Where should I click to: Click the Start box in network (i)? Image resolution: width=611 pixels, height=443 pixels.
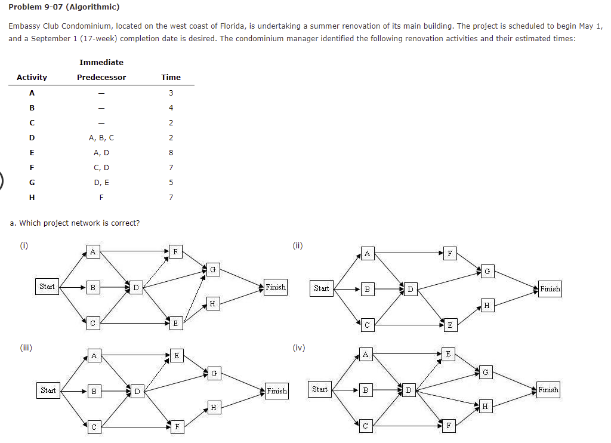click(x=47, y=287)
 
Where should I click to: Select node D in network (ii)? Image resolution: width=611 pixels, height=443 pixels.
click(x=410, y=290)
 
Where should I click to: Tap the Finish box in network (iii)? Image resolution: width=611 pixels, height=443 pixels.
click(x=276, y=391)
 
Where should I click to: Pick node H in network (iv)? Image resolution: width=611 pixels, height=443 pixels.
click(x=485, y=407)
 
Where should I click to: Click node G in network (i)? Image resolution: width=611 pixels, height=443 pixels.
click(x=212, y=270)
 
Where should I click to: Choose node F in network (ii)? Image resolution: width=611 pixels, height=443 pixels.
click(x=449, y=254)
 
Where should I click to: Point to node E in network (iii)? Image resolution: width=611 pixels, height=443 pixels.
click(x=175, y=356)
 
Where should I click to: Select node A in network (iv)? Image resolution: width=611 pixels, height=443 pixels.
click(x=366, y=355)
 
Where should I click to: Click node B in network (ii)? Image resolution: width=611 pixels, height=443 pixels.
click(x=367, y=290)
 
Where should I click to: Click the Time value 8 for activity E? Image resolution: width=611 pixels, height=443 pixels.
click(x=171, y=152)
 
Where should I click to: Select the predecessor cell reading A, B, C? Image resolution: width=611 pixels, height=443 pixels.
click(x=101, y=137)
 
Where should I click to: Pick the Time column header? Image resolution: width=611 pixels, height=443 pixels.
click(x=171, y=77)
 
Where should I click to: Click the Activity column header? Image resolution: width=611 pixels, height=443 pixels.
click(x=32, y=77)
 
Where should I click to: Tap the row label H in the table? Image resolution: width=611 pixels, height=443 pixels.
click(x=32, y=197)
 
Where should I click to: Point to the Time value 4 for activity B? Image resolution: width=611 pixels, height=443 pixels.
click(x=171, y=107)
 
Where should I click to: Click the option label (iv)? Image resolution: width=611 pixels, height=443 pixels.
click(x=299, y=347)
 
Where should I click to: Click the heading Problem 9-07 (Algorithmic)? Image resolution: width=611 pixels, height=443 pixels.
click(x=64, y=7)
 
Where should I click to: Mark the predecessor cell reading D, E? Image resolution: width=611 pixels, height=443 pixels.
click(x=101, y=182)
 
